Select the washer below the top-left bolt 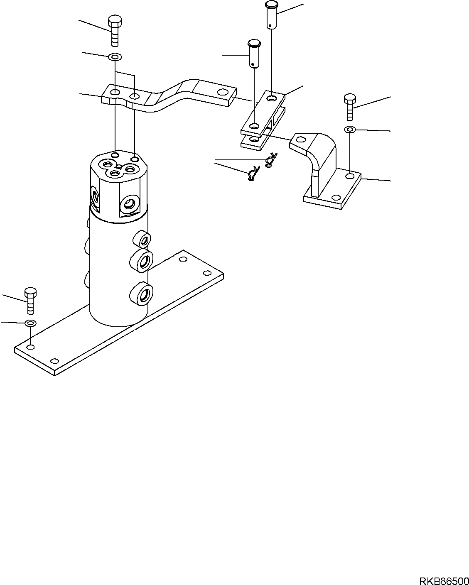(x=114, y=56)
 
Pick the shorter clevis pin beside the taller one (x=254, y=53)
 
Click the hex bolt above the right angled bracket (x=350, y=107)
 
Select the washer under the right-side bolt (x=350, y=130)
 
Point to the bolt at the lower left (x=31, y=300)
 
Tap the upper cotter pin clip (x=271, y=160)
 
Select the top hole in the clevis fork (x=271, y=98)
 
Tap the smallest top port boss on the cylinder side (x=142, y=240)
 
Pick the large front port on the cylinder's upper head (x=128, y=204)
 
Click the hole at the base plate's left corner (x=31, y=347)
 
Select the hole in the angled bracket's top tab (x=302, y=140)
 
